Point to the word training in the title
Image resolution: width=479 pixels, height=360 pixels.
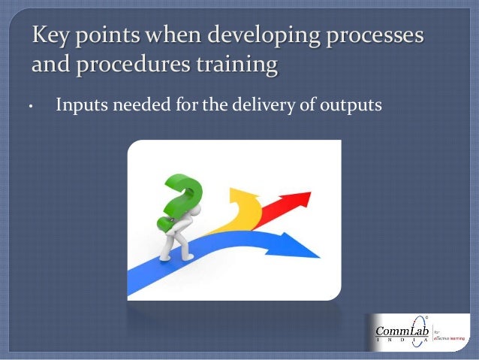click(236, 66)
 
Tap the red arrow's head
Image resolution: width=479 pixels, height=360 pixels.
click(298, 199)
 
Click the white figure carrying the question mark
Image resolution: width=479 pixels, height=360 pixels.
click(173, 241)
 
